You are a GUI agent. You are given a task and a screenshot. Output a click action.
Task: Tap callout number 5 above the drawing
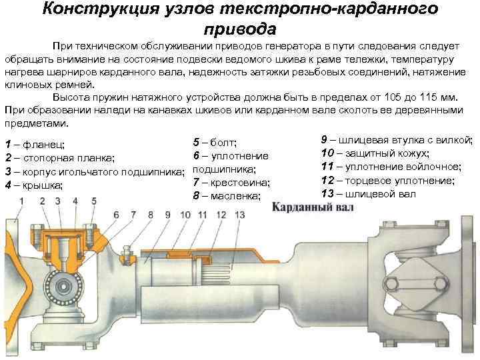click(93, 200)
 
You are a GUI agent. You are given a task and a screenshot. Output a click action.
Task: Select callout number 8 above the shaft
click(151, 215)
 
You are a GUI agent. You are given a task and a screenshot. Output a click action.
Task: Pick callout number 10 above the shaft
click(185, 215)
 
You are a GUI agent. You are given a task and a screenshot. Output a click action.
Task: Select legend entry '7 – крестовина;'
click(231, 183)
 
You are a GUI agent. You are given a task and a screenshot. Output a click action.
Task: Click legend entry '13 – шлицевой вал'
click(368, 193)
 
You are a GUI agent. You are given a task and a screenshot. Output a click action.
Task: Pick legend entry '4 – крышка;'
click(33, 185)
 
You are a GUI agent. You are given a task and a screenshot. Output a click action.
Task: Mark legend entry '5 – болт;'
click(215, 142)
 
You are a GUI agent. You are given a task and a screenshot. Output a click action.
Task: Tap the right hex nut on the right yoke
click(442, 285)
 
